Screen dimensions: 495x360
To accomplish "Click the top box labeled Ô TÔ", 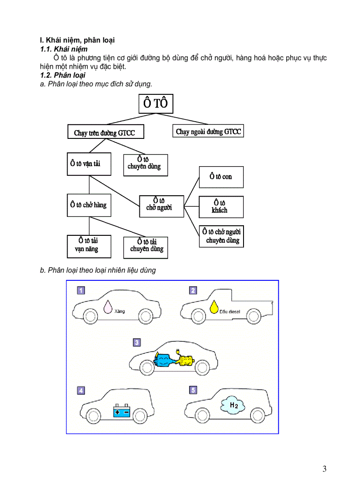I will (x=156, y=104).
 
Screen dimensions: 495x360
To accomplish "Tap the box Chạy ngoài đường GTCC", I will (x=208, y=131).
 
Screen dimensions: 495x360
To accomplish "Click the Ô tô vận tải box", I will (x=89, y=164).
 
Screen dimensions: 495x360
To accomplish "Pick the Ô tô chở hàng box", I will (x=89, y=205).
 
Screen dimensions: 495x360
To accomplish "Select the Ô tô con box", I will (x=221, y=177).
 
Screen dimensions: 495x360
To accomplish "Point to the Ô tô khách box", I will (x=221, y=207).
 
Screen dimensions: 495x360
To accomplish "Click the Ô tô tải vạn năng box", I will (x=89, y=246).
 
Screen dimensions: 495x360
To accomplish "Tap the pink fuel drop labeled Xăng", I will (x=108, y=307).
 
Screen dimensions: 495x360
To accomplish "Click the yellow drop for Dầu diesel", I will (x=214, y=307).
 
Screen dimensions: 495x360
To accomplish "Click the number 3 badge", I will (x=137, y=342).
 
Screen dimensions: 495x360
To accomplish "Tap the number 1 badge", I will (x=81, y=290).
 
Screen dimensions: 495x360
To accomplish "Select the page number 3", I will (x=324, y=469).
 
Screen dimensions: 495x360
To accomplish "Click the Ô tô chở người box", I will (x=161, y=205).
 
